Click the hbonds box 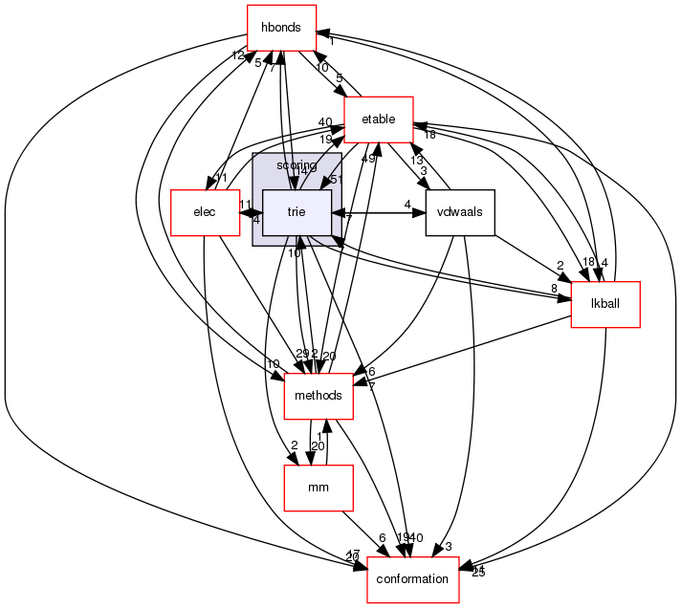(281, 28)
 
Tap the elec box (204, 211)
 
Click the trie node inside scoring (297, 211)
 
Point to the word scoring (297, 165)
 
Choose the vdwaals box (460, 211)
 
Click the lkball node (604, 305)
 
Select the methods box (319, 396)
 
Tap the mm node (319, 488)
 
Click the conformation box (413, 579)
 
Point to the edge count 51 (337, 179)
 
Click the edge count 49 (368, 159)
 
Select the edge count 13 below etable (417, 160)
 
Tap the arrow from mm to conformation (363, 535)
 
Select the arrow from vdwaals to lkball (531, 257)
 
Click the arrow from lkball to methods (459, 353)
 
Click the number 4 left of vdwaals (406, 204)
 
